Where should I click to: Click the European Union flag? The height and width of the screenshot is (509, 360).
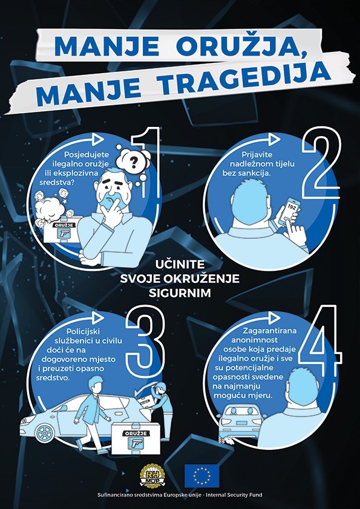pyautogui.click(x=202, y=476)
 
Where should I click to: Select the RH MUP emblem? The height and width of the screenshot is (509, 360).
pyautogui.click(x=152, y=476)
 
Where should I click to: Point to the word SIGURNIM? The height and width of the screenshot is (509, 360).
pyautogui.click(x=180, y=293)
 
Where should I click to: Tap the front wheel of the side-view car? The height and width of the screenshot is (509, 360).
pyautogui.click(x=45, y=433)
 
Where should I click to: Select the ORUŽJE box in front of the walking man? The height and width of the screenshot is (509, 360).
pyautogui.click(x=136, y=438)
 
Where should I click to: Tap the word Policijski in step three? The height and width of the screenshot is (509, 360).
pyautogui.click(x=82, y=332)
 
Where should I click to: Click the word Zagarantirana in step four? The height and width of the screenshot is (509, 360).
pyautogui.click(x=270, y=331)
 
